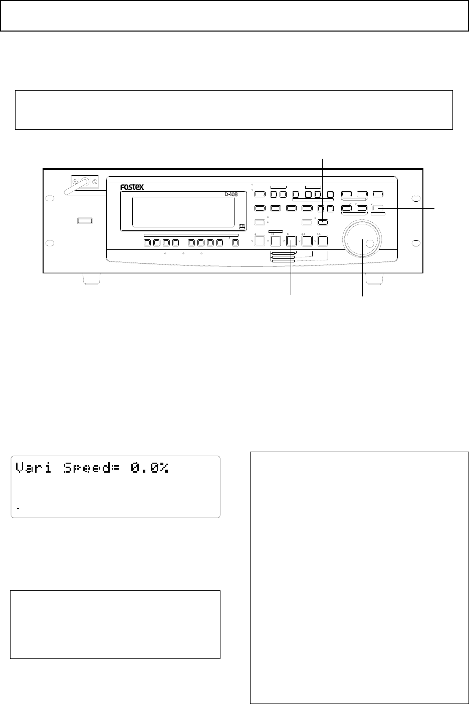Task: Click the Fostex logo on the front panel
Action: click(x=132, y=187)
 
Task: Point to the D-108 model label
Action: click(x=231, y=195)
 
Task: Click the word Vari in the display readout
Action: click(x=34, y=468)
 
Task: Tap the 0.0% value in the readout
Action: click(x=150, y=468)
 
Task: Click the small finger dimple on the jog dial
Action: click(x=370, y=243)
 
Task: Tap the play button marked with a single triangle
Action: click(x=291, y=241)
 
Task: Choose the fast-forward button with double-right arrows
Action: click(x=323, y=241)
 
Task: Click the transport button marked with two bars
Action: click(x=276, y=241)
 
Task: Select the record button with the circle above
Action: click(x=260, y=241)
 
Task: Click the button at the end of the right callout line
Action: click(x=378, y=208)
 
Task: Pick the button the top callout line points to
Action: click(x=323, y=222)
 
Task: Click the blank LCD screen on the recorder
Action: click(x=183, y=212)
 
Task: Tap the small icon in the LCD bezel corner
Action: click(x=242, y=226)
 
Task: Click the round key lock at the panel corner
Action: click(x=84, y=182)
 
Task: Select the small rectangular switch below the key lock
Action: click(x=85, y=221)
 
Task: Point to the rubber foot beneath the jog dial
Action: click(x=374, y=279)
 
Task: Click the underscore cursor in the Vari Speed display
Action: click(x=18, y=508)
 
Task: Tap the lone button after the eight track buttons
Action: click(x=236, y=243)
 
